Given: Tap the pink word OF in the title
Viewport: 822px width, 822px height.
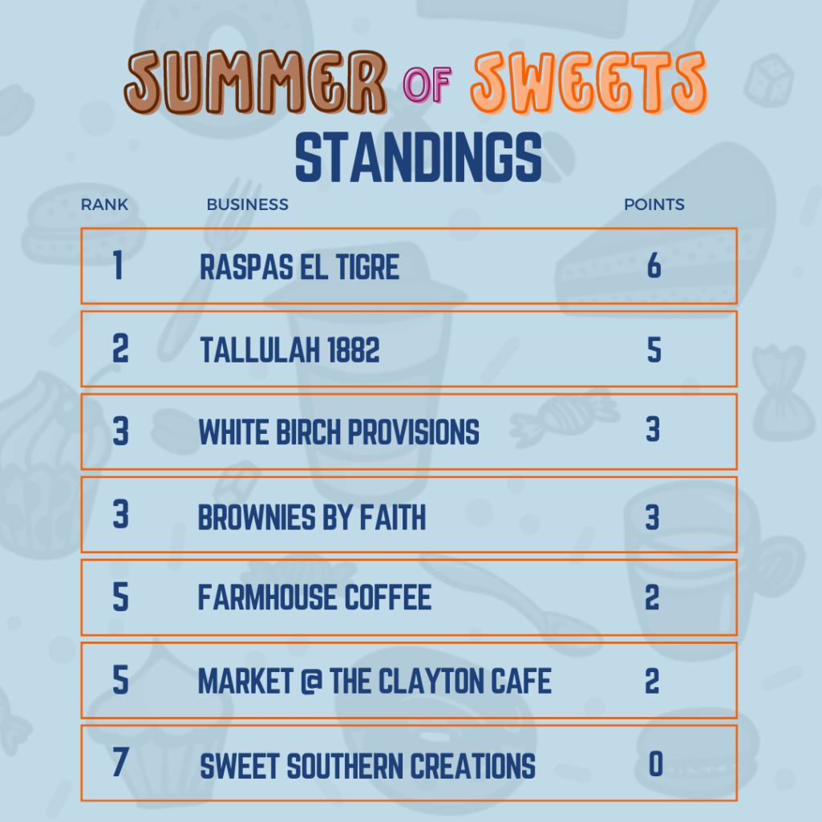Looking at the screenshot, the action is point(427,84).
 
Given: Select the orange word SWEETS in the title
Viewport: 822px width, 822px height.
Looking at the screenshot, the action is point(589,83).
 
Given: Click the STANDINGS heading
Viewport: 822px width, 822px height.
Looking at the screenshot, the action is point(419,157).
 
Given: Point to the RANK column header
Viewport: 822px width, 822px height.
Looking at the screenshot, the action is point(104,204).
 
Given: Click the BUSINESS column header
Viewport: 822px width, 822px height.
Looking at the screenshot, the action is point(248,204).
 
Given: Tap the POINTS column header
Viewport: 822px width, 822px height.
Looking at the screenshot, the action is point(654,204).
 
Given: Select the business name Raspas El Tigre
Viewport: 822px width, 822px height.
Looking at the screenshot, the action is point(299,267).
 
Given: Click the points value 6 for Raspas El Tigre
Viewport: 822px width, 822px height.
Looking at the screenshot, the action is point(654,265).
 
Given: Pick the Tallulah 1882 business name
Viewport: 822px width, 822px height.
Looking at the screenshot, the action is point(290,350).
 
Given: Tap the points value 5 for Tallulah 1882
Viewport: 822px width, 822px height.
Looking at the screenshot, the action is point(654,349).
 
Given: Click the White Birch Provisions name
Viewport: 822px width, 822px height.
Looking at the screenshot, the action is point(338,432).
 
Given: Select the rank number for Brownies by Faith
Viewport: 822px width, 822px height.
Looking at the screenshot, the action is point(120,514).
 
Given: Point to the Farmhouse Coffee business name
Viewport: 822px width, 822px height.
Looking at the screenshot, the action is point(314,597).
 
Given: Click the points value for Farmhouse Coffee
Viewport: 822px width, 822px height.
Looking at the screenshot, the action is point(652,597).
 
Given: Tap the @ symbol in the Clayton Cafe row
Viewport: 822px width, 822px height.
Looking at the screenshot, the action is point(311,681).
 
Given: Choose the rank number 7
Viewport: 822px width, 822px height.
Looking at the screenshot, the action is point(120,762).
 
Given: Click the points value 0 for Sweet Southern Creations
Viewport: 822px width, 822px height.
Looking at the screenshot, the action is point(656,763).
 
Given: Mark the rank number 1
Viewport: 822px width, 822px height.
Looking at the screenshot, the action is point(119,265).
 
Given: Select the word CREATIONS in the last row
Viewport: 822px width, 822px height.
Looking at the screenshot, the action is point(472,766).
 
